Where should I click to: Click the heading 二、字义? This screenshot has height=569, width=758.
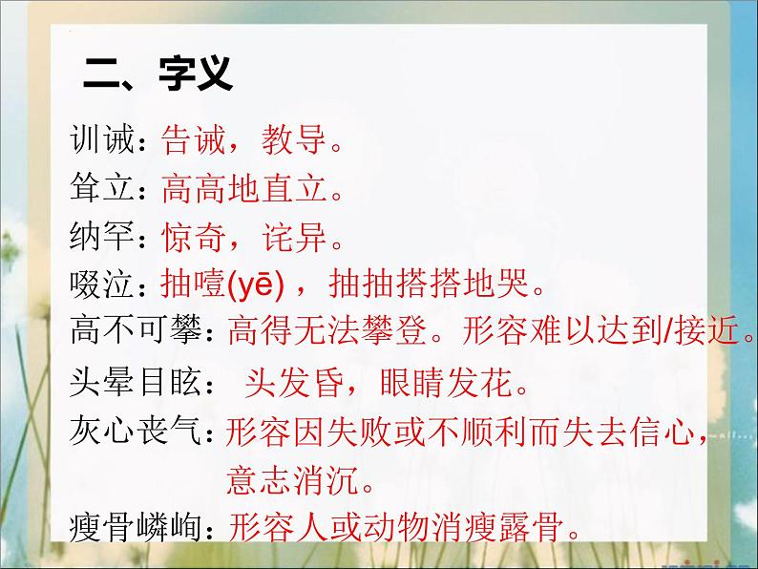pos(158,73)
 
